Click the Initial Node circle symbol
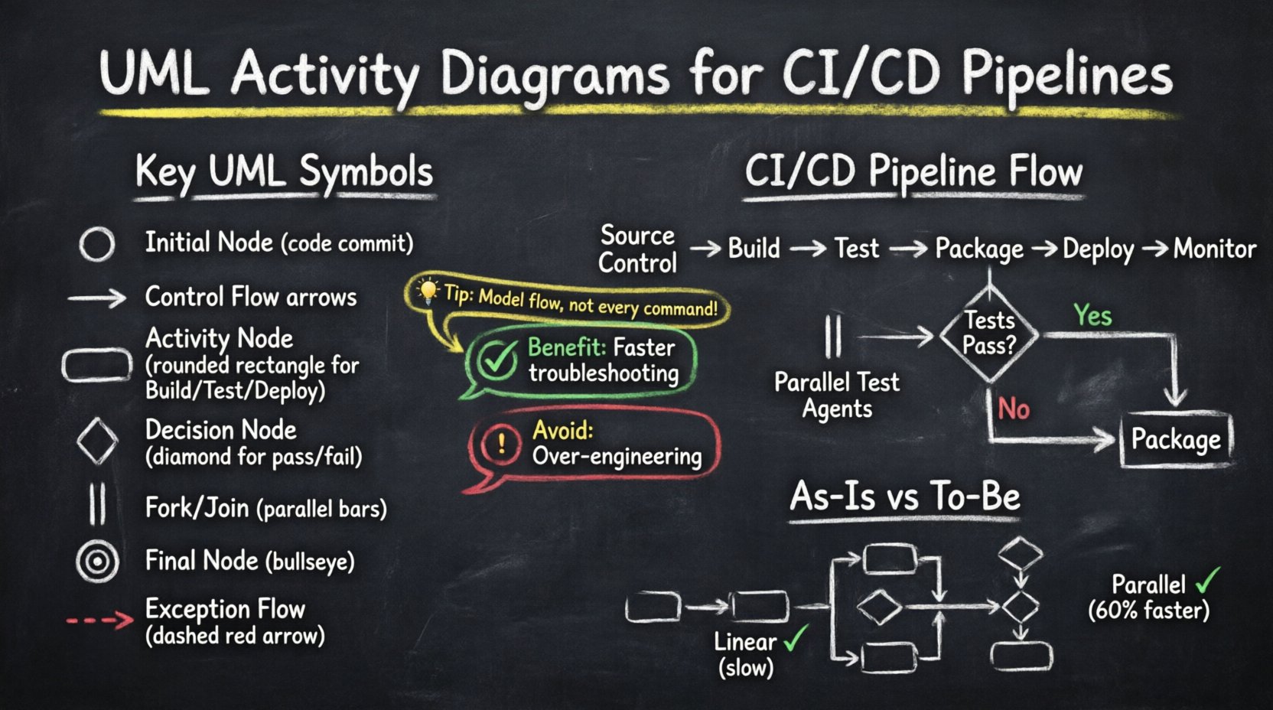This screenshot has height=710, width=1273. click(97, 245)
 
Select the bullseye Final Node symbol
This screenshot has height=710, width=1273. click(97, 562)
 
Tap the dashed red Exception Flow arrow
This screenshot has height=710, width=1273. click(100, 620)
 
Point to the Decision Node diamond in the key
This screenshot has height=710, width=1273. click(97, 441)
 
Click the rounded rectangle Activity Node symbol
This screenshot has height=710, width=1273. click(97, 365)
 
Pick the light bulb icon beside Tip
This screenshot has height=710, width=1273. click(427, 291)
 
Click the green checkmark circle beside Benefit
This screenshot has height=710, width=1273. click(497, 360)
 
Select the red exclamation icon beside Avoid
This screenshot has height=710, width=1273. click(502, 443)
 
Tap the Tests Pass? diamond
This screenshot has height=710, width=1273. click(989, 334)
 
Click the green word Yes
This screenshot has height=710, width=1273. click(1092, 315)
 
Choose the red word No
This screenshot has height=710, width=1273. click(1014, 409)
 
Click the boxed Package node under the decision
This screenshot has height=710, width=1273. click(1176, 440)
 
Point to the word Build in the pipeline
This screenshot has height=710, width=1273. click(754, 249)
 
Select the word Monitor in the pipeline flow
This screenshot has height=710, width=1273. click(1215, 249)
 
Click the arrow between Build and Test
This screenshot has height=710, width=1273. click(808, 249)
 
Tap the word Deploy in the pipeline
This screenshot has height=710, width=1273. click(1098, 249)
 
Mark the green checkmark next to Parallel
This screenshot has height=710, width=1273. click(1207, 581)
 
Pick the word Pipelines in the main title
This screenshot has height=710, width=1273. click(1066, 75)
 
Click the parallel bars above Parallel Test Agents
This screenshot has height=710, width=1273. click(833, 337)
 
